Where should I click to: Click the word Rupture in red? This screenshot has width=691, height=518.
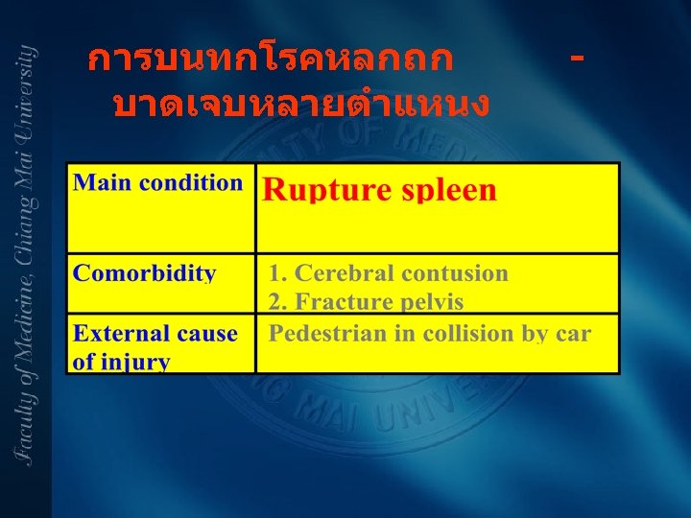point(317,190)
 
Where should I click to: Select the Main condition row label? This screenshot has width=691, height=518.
point(158,182)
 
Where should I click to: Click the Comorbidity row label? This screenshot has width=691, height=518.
point(145,272)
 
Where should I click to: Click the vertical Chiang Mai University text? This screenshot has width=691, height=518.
point(27,254)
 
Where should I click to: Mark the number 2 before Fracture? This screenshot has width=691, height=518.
point(275,302)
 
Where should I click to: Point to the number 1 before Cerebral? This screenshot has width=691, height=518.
point(275,273)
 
